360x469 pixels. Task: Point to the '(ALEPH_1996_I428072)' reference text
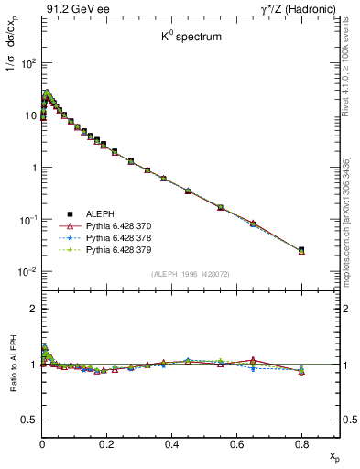click(x=191, y=274)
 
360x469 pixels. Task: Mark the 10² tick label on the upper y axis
click(x=27, y=64)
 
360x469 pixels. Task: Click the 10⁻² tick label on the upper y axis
click(x=27, y=272)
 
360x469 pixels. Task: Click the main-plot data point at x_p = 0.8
click(x=301, y=249)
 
